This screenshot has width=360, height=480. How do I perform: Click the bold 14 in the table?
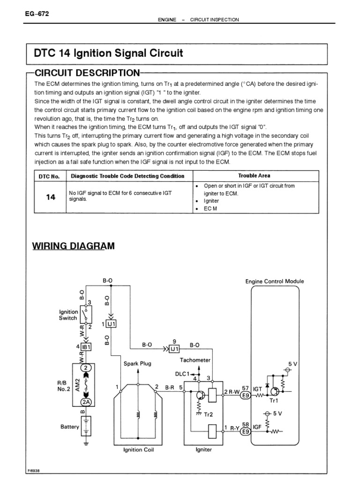[51, 197]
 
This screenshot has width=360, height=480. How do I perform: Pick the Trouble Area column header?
[254, 176]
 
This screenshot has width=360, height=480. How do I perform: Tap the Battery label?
[70, 427]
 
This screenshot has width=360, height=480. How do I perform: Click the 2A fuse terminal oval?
[86, 402]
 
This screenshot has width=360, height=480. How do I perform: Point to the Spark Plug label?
[137, 363]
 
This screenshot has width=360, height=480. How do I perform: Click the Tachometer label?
[195, 360]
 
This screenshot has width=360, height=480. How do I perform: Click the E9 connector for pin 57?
[245, 396]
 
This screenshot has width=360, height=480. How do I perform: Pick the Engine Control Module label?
[275, 281]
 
